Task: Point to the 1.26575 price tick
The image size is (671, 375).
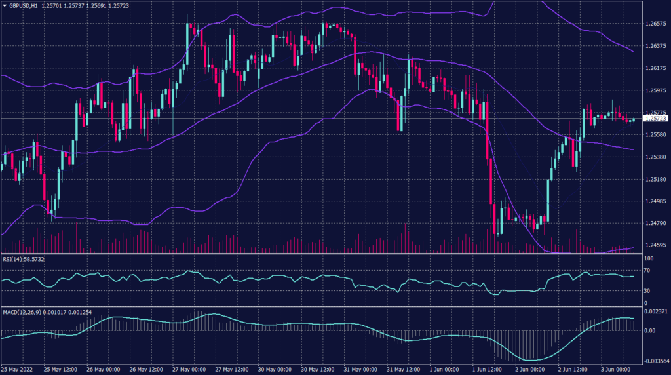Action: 655,23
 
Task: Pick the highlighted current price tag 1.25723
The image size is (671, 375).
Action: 656,119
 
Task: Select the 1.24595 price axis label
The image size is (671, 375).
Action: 655,245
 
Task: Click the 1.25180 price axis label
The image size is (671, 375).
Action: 655,179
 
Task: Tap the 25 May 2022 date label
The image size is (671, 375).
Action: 17,369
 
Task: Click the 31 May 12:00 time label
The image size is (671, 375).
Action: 402,369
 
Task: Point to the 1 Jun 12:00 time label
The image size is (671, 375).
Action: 487,369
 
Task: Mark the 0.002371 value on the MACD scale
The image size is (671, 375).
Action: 655,313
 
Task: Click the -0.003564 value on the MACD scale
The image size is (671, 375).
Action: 655,360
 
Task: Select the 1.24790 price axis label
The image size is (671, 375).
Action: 655,223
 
